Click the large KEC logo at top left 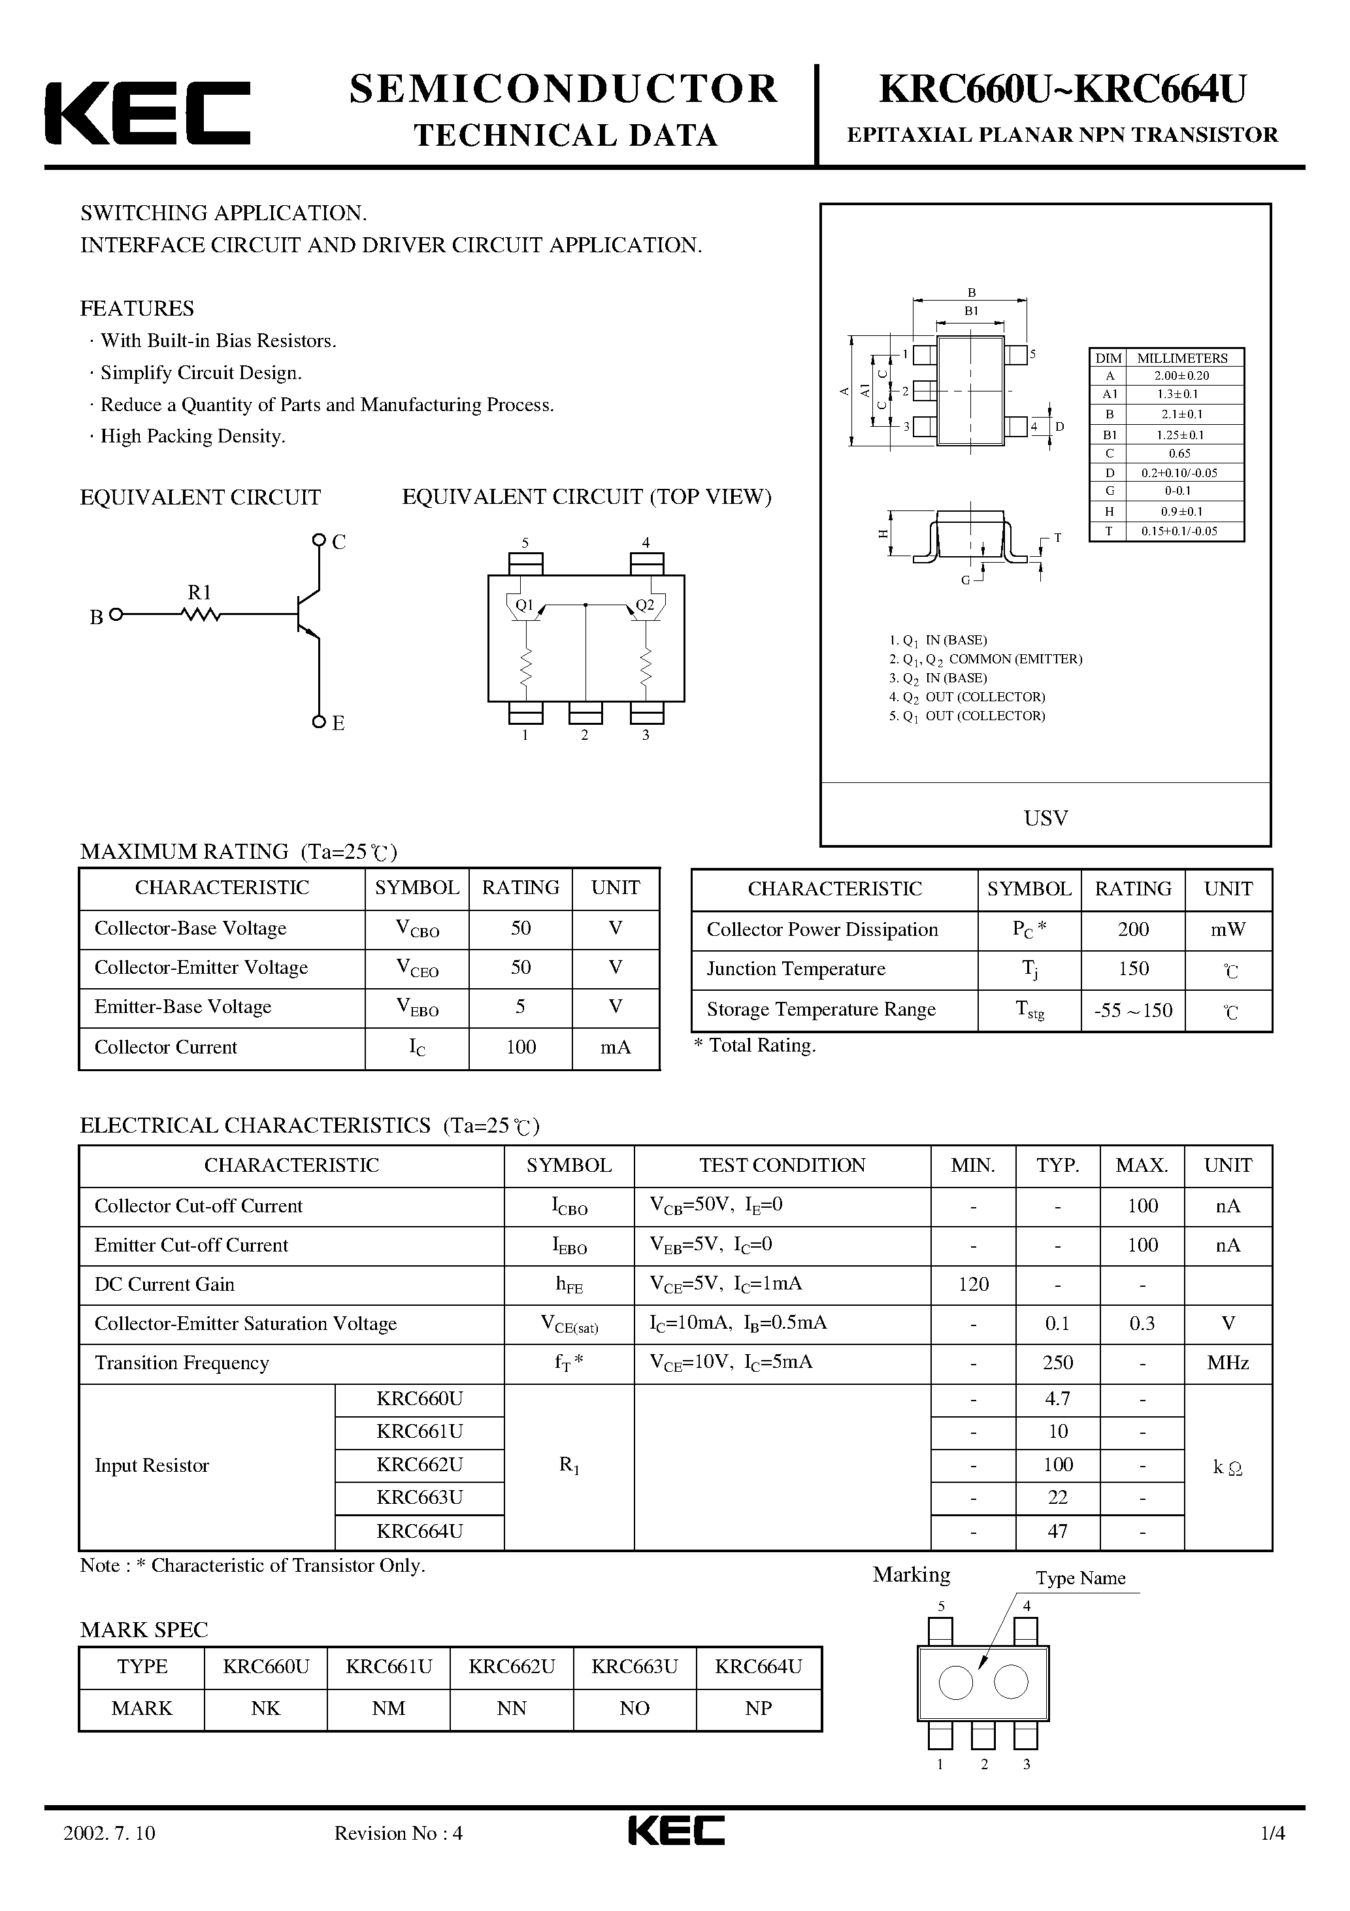(147, 113)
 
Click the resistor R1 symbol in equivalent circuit (201, 614)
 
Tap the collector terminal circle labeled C (319, 540)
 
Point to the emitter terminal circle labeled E (319, 722)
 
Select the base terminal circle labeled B (116, 614)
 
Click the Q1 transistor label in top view (524, 605)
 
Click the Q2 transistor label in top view (645, 605)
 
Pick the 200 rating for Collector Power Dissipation (1133, 930)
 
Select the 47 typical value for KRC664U (1057, 1531)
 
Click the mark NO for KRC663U (634, 1708)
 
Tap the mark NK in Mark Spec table (265, 1708)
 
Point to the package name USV (1045, 818)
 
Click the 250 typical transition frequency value (1057, 1363)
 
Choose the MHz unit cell (1228, 1363)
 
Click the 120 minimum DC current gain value (973, 1284)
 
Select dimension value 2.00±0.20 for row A (1181, 375)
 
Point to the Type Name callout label (1079, 1578)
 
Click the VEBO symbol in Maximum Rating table (417, 1008)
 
